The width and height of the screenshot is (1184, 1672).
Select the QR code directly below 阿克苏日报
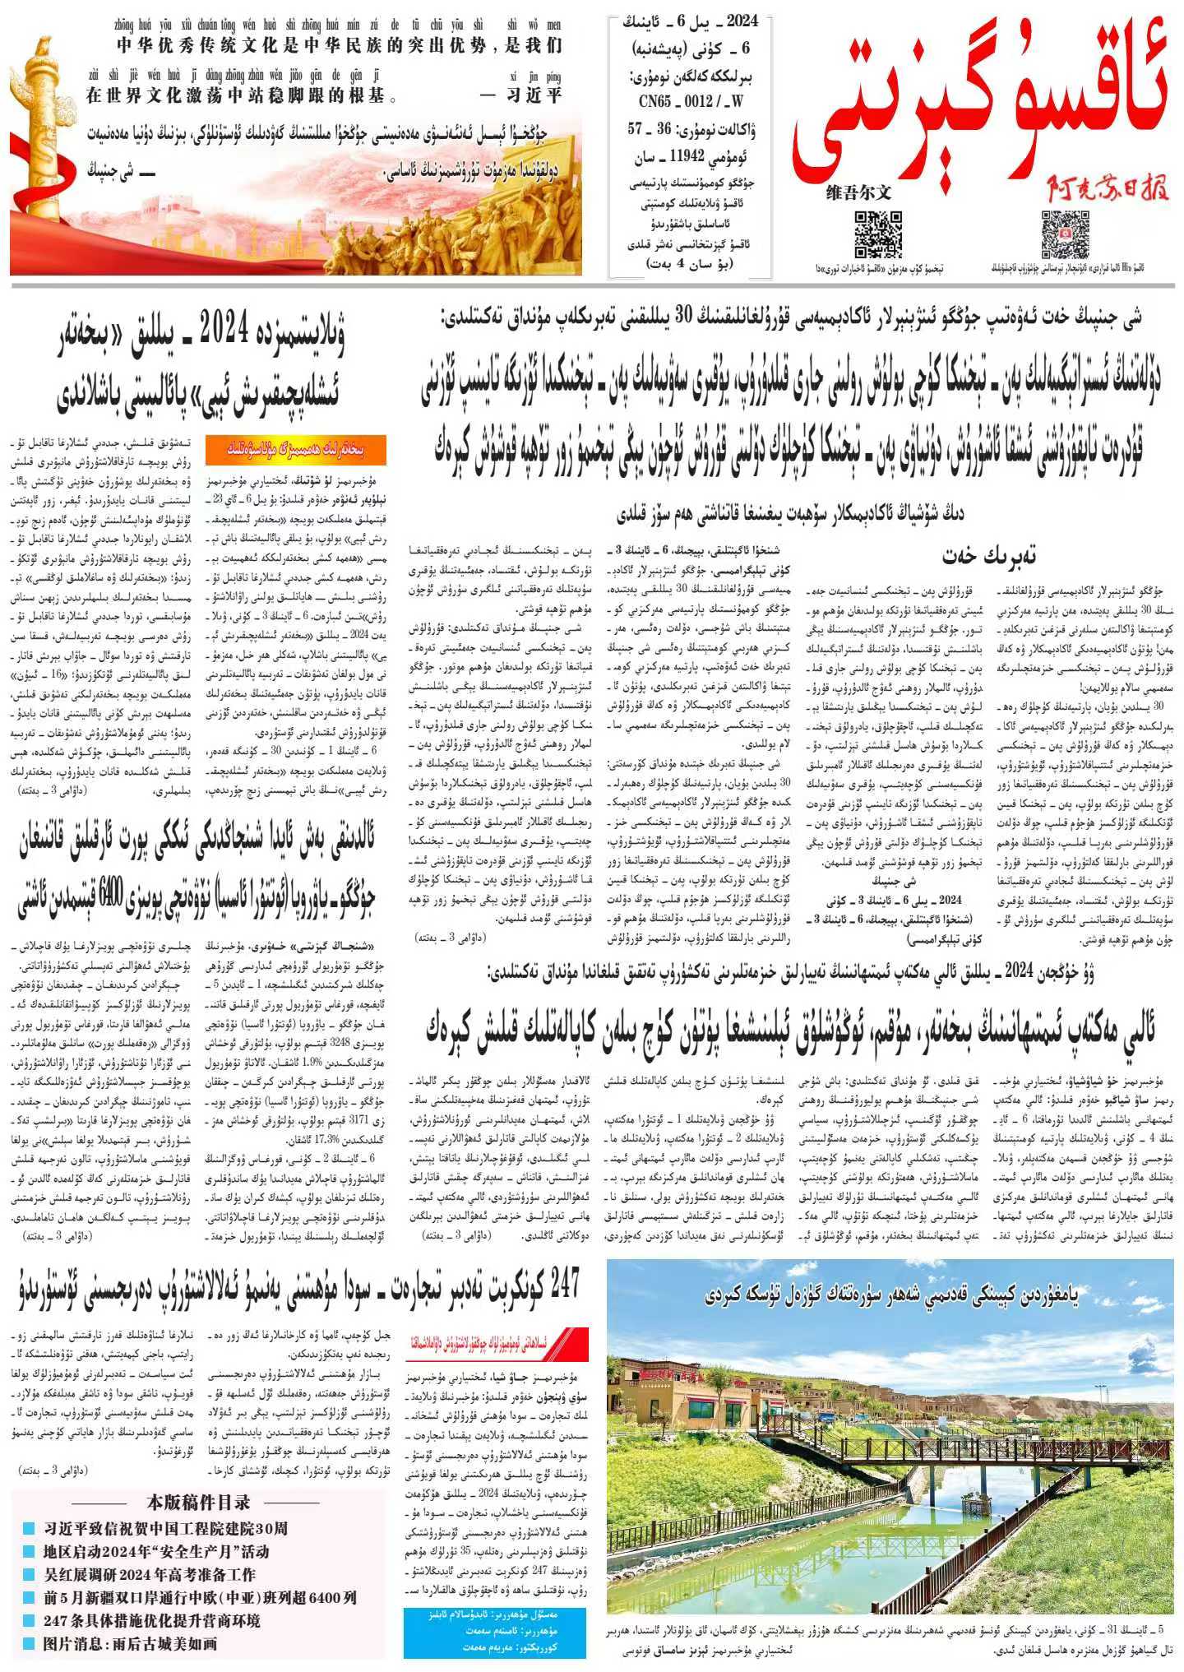coord(1065,234)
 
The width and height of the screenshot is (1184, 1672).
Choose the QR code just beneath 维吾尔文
coord(878,234)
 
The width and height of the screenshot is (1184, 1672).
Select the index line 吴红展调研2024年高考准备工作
coord(150,1575)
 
